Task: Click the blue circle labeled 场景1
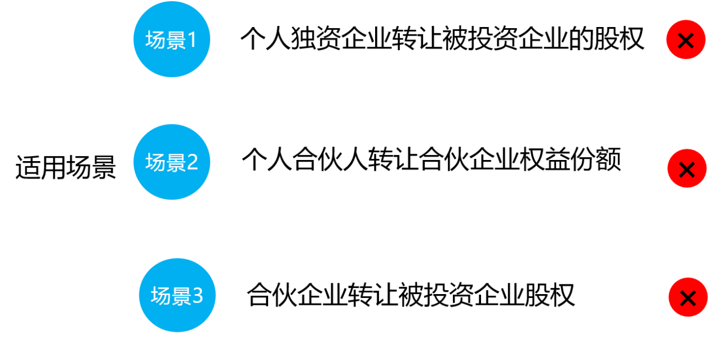point(172,39)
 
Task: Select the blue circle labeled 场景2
point(172,162)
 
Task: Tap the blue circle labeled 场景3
point(177,295)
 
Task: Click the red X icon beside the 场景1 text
point(686,39)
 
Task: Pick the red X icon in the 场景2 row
point(687,168)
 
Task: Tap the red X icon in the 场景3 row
point(688,297)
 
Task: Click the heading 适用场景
point(66,167)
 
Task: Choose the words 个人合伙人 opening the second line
point(305,159)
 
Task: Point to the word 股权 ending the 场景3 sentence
point(549,295)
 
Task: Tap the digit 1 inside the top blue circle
point(192,40)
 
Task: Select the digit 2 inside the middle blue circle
point(192,162)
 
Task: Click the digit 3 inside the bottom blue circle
point(198,296)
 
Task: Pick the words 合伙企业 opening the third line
point(297,295)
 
